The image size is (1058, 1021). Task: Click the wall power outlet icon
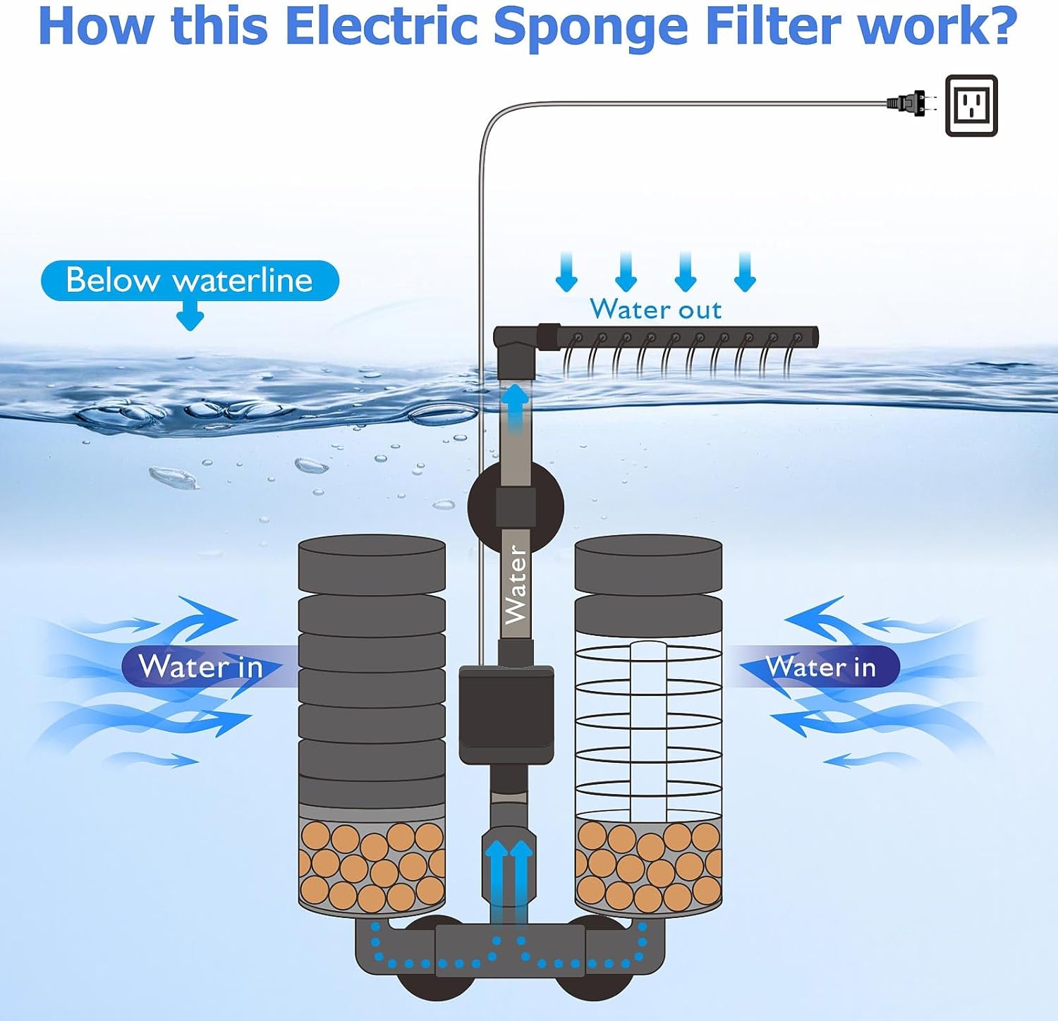(971, 106)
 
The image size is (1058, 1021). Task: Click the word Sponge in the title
(590, 25)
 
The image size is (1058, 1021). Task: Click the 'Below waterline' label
(189, 281)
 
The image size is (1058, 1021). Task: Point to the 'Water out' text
(655, 310)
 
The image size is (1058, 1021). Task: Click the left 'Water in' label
(201, 666)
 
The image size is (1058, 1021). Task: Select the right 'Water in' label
(820, 666)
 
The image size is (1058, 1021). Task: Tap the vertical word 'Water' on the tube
(516, 585)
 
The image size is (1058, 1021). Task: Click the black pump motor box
(506, 714)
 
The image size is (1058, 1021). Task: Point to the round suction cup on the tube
(515, 506)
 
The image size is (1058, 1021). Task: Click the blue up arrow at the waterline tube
(516, 405)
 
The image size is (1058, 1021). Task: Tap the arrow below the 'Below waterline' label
(190, 317)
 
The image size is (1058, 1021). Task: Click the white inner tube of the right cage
(648, 730)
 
